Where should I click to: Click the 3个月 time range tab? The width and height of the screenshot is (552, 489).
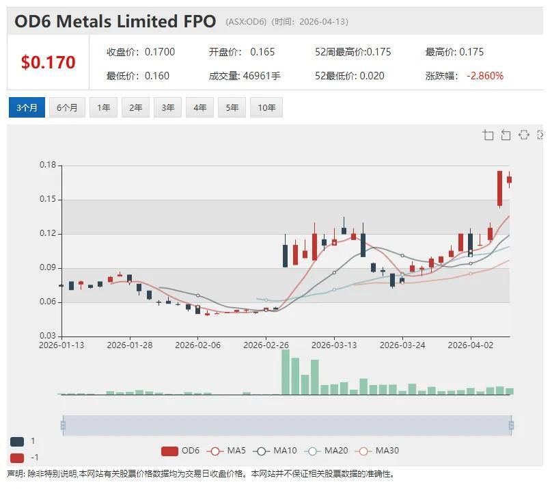(x=27, y=107)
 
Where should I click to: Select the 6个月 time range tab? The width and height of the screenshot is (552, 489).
(x=67, y=107)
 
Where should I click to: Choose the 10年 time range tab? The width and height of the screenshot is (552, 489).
(x=267, y=107)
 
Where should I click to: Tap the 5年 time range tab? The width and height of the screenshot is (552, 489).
(x=232, y=107)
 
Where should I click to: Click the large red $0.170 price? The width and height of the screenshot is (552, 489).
(x=48, y=63)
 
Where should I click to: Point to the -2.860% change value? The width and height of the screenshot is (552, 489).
(x=485, y=76)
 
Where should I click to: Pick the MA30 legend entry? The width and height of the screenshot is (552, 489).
(x=379, y=451)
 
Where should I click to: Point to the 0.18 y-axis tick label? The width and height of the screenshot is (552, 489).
(x=48, y=166)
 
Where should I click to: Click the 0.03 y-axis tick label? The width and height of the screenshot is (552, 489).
(x=48, y=336)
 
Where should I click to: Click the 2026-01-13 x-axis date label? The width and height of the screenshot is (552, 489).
(x=61, y=345)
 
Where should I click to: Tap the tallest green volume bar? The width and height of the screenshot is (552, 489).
(x=286, y=372)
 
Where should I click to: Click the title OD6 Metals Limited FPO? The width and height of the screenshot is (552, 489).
(x=115, y=21)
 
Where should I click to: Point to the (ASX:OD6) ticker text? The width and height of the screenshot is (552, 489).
(x=246, y=22)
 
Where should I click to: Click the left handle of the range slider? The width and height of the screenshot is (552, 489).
(x=63, y=425)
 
